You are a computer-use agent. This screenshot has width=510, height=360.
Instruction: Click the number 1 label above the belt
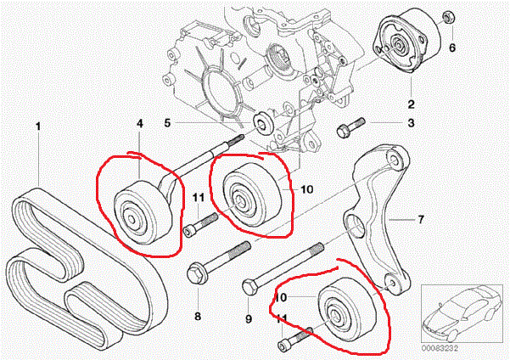(x=38, y=127)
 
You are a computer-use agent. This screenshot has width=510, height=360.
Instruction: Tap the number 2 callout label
(x=411, y=104)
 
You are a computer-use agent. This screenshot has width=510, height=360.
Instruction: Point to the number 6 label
(x=452, y=48)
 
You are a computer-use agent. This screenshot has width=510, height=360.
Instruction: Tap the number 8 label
(x=197, y=317)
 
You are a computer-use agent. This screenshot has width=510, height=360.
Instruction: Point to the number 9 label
(x=249, y=319)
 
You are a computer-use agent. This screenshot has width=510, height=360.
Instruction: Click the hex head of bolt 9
(x=249, y=285)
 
